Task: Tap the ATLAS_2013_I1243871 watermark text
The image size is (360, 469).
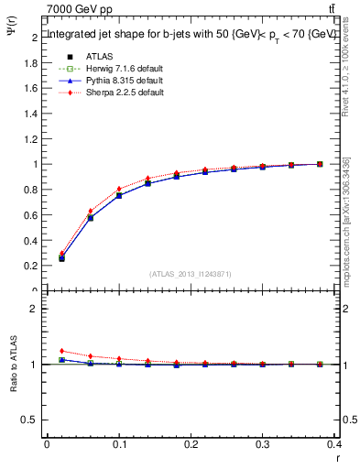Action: point(191,274)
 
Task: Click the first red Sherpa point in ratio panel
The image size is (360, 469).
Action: point(61,351)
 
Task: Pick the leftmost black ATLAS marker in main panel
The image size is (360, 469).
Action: point(61,258)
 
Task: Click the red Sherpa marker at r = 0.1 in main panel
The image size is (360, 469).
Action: point(118,190)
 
